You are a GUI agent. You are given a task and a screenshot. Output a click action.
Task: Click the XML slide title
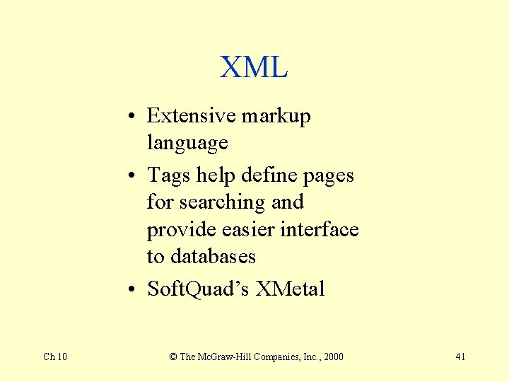click(254, 68)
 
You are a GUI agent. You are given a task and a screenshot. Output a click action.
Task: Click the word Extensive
click(189, 115)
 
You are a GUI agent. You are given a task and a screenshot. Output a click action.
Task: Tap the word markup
click(276, 116)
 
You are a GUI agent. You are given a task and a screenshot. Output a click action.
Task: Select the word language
click(187, 144)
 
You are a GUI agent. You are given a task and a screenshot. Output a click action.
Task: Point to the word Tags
click(169, 175)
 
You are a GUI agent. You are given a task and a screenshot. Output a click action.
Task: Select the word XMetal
click(290, 289)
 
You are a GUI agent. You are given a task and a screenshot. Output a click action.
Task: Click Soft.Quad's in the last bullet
click(198, 289)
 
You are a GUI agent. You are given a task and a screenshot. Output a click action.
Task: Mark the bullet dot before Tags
click(133, 175)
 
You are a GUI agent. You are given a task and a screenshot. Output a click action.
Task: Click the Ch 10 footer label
click(55, 357)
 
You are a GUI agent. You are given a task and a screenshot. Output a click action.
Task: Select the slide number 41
click(460, 357)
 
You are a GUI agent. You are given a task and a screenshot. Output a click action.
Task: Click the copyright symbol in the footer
click(173, 357)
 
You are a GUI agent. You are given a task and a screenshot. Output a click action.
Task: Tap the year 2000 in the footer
click(332, 357)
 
